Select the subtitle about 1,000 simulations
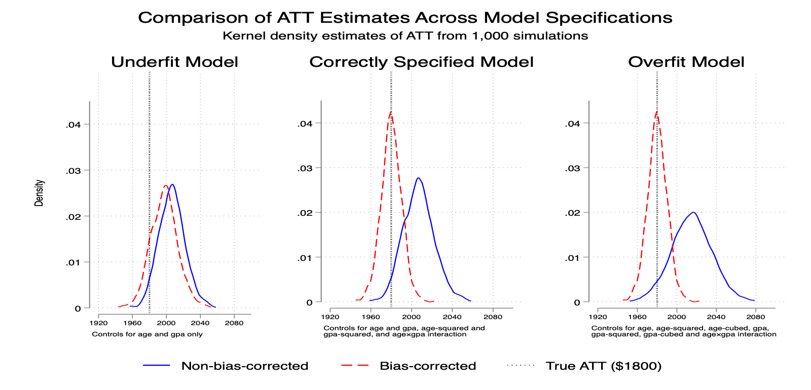405,36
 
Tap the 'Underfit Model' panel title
174,62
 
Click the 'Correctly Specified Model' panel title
421,62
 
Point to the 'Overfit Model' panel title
686,62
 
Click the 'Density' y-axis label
39,193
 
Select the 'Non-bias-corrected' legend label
245,366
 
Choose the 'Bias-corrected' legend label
428,366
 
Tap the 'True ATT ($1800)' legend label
604,366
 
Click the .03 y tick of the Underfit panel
73,170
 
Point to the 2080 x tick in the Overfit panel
756,317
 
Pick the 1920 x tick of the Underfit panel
98,323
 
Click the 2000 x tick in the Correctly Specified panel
411,317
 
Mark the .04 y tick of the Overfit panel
572,124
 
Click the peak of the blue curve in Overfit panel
693,212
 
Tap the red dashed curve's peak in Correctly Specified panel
391,111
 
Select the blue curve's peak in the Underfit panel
172,184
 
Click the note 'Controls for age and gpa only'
147,334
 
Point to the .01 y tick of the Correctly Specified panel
305,258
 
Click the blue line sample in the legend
157,365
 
